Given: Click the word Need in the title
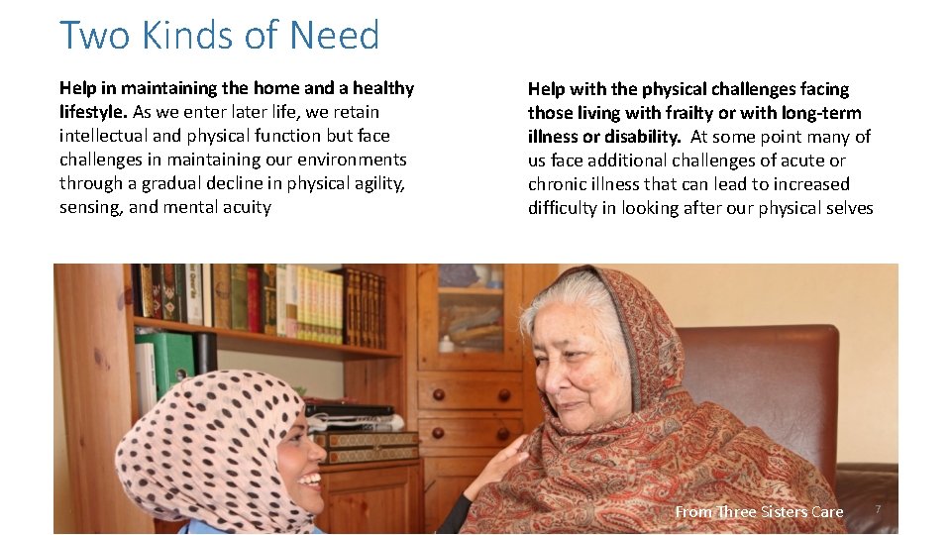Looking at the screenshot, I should pyautogui.click(x=334, y=36).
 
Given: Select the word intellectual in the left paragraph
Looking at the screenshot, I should pyautogui.click(x=104, y=136).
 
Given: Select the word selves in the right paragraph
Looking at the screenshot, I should pyautogui.click(x=847, y=208).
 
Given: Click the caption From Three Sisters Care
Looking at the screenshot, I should pyautogui.click(x=759, y=511).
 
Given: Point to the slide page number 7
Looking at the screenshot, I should pyautogui.click(x=877, y=509).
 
